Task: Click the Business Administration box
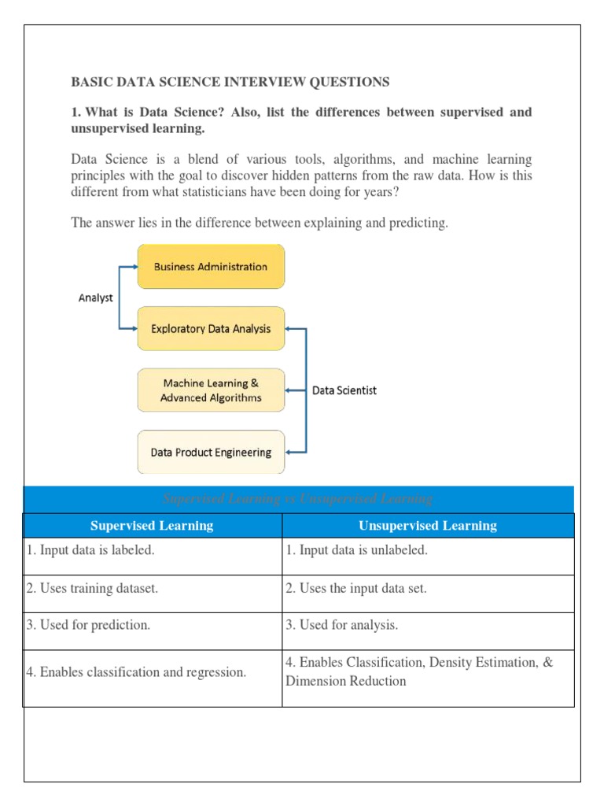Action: pos(211,267)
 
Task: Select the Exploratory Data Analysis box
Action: pos(211,329)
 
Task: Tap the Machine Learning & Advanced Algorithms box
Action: pos(211,390)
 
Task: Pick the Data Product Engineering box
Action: pos(211,453)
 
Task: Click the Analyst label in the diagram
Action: pos(95,298)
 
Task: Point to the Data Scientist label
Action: pos(344,390)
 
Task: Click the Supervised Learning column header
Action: pos(152,526)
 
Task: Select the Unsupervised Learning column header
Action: pos(428,526)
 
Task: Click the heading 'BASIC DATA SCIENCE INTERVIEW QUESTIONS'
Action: pos(230,82)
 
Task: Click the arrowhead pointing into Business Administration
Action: pos(134,267)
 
